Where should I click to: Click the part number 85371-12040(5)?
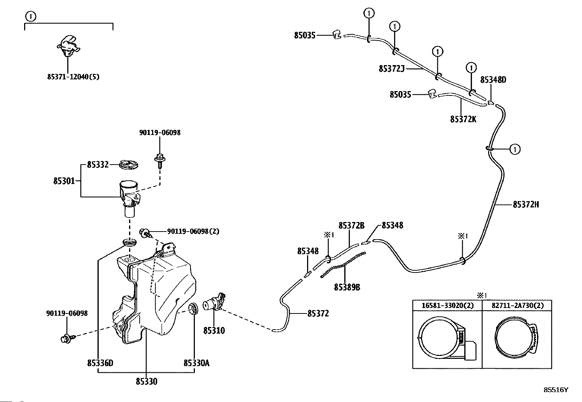[x=73, y=77]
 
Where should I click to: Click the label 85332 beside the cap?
[x=98, y=165]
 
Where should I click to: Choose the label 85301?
[x=64, y=181]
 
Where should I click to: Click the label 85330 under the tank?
[x=146, y=382]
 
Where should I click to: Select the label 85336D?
[x=100, y=363]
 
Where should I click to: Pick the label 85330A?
[x=196, y=363]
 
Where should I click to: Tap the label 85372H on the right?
[x=526, y=205]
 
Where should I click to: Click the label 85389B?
[x=347, y=288]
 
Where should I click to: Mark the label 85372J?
[x=392, y=68]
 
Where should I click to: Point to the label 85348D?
[x=493, y=80]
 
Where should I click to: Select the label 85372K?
[x=463, y=119]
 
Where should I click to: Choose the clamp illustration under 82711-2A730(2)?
[x=516, y=338]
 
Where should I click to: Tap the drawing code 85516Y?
[x=556, y=390]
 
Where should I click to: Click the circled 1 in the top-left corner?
[x=31, y=16]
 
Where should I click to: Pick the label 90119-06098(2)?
[x=193, y=231]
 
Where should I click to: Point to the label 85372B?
[x=351, y=225]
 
